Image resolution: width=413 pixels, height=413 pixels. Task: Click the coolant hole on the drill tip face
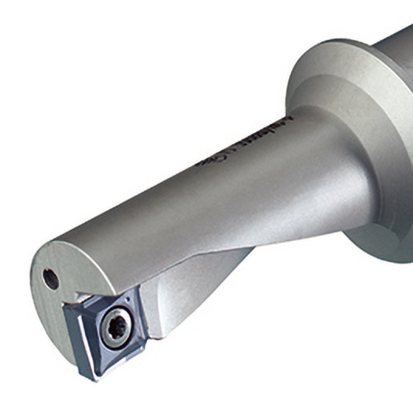[x=51, y=279]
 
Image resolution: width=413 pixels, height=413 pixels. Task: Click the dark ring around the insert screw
[x=107, y=323]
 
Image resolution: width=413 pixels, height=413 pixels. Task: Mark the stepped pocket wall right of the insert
[x=153, y=318]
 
